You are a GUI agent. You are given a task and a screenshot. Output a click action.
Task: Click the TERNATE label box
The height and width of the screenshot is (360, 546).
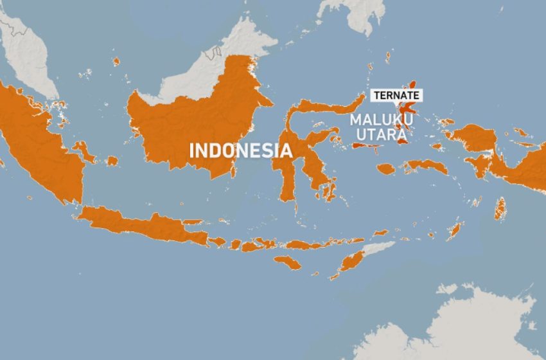pyautogui.click(x=397, y=94)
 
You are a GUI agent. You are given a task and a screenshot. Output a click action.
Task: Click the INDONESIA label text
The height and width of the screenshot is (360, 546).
pyautogui.click(x=240, y=150)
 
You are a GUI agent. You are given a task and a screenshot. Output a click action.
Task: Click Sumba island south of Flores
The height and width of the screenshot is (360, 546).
pyautogui.click(x=287, y=262)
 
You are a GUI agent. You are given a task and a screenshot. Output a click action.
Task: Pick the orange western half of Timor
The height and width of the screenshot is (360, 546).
pyautogui.click(x=352, y=261)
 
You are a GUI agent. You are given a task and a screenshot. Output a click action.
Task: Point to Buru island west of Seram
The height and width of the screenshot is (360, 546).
pyautogui.click(x=385, y=169)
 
